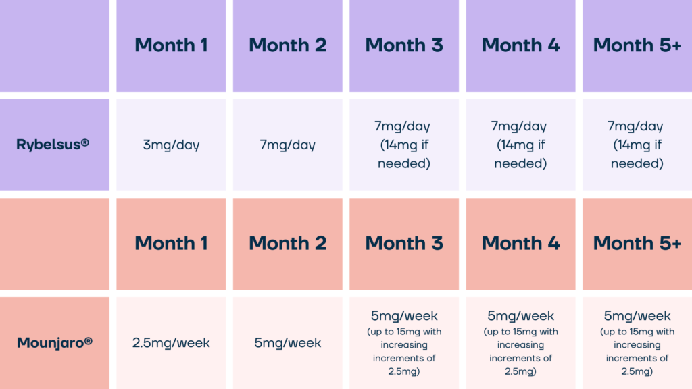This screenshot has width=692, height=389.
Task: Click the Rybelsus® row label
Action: click(x=53, y=145)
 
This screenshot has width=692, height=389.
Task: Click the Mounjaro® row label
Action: click(x=55, y=342)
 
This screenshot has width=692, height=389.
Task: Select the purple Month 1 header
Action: click(x=171, y=45)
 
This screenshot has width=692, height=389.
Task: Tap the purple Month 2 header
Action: click(x=288, y=45)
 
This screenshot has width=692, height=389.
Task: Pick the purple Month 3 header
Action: click(x=404, y=45)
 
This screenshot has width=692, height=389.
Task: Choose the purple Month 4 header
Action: click(x=521, y=45)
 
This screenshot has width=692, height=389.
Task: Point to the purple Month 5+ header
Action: click(x=637, y=45)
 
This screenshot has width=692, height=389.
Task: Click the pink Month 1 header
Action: click(x=171, y=243)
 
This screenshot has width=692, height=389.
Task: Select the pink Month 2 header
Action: click(x=288, y=243)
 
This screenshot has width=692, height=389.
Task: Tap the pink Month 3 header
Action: click(x=404, y=243)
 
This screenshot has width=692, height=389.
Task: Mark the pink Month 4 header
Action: click(x=521, y=243)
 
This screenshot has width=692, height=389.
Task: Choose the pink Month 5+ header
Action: click(x=637, y=243)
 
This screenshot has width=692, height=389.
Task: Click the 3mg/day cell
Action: click(x=171, y=145)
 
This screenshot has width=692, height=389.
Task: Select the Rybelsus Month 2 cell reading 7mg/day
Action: click(x=288, y=145)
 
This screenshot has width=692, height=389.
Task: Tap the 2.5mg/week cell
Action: click(x=171, y=342)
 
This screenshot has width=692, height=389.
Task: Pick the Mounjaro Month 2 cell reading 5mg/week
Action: click(x=288, y=342)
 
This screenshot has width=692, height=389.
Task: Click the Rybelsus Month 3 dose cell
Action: click(x=404, y=145)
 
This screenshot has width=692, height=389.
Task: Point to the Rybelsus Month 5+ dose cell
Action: click(x=637, y=145)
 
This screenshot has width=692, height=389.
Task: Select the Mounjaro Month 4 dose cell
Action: click(x=521, y=342)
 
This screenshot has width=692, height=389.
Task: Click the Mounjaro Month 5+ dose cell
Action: click(x=637, y=342)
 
